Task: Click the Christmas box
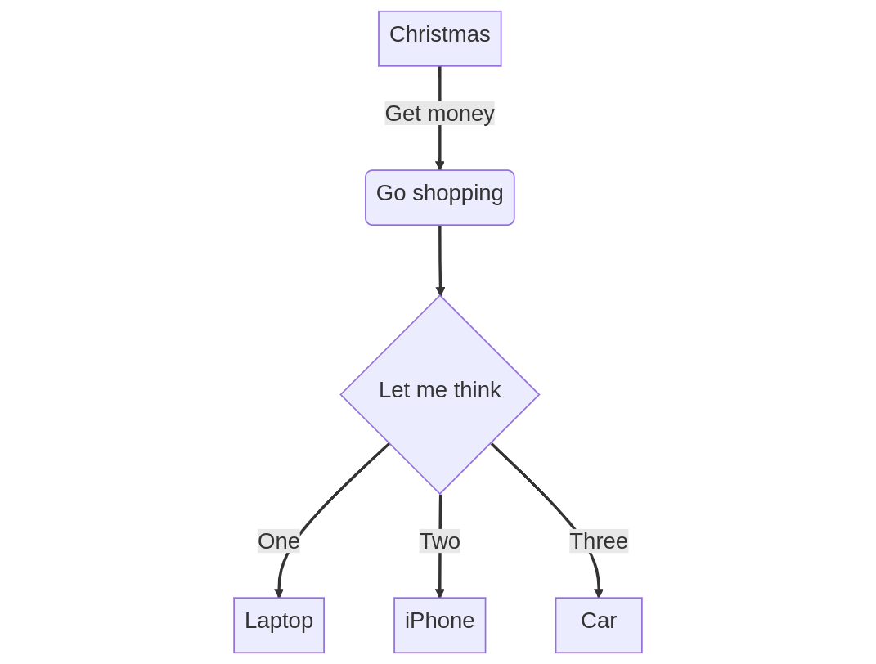pos(439,38)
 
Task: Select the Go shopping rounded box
pos(439,197)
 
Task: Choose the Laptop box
pos(278,625)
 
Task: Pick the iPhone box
pos(439,625)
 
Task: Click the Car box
pos(598,625)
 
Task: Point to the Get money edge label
pos(439,114)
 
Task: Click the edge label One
pos(278,541)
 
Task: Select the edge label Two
pos(439,541)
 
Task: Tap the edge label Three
pos(598,541)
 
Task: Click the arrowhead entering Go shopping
pos(439,166)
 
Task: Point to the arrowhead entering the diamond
pos(440,291)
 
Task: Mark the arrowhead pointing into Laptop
pos(278,594)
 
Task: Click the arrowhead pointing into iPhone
pos(439,594)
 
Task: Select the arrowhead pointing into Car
pos(598,594)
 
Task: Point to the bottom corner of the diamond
pos(440,492)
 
